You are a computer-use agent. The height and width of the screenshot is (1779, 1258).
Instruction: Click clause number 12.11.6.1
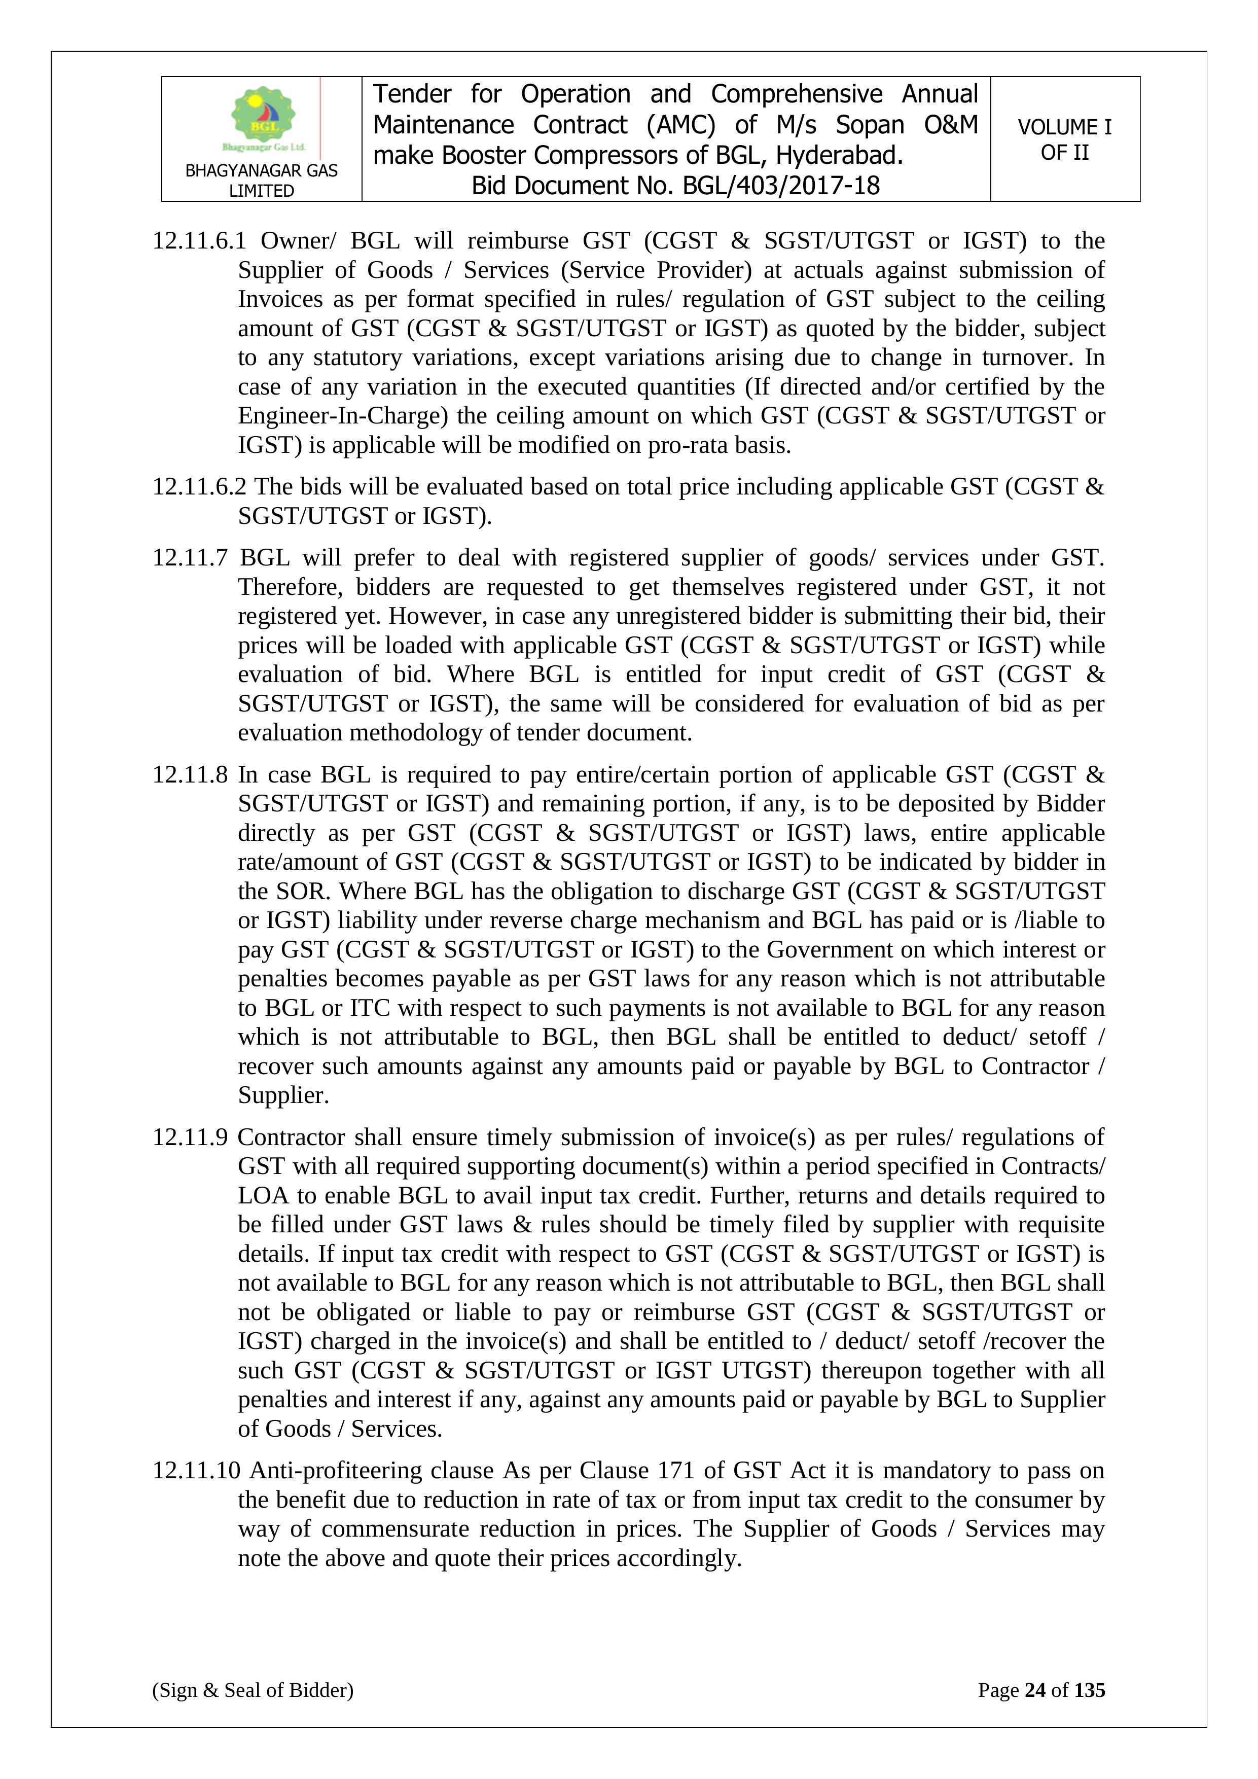(x=198, y=241)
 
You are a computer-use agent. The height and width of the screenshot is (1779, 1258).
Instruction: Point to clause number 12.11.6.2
(x=198, y=487)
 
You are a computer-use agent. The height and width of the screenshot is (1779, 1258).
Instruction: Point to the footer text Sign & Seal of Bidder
(x=253, y=1690)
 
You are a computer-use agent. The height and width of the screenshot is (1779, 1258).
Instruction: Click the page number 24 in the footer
(x=1035, y=1690)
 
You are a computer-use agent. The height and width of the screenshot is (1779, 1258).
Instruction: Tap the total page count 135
(x=1089, y=1690)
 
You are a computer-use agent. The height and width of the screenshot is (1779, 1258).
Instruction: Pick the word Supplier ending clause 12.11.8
(x=283, y=1095)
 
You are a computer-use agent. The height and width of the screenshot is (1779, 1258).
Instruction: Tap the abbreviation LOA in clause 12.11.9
(x=263, y=1196)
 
